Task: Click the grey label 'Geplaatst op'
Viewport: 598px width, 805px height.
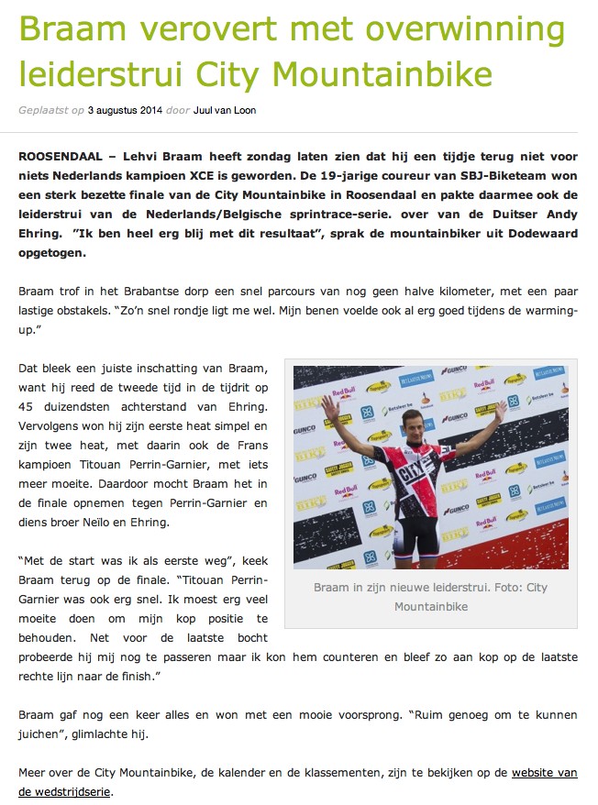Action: click(50, 110)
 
